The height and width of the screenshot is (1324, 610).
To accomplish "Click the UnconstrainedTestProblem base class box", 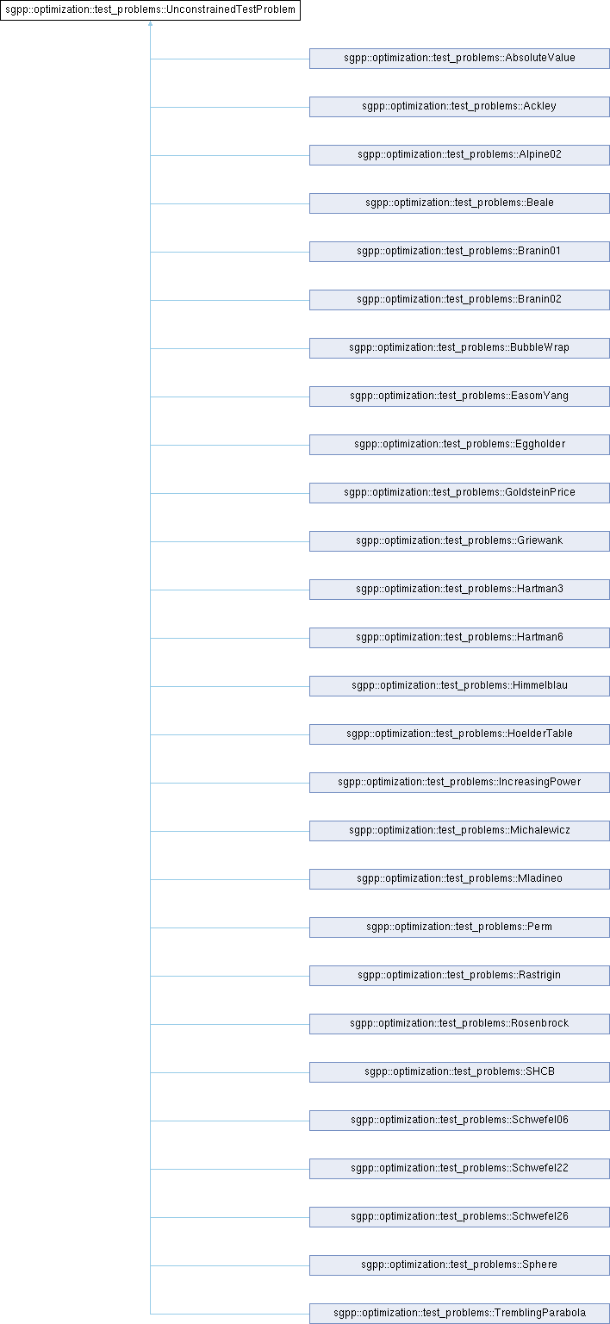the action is pos(150,10).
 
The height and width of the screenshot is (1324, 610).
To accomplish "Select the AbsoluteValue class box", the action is pos(459,59).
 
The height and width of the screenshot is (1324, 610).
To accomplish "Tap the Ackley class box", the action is pos(459,107).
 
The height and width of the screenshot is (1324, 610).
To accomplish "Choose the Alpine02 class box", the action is pos(459,155).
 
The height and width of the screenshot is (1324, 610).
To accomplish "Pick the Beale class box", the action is pos(459,203).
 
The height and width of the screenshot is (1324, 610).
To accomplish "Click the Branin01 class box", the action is pos(459,252).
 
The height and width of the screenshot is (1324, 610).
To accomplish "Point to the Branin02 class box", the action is pos(459,300).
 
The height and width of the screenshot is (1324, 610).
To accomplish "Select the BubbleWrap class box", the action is pos(459,348).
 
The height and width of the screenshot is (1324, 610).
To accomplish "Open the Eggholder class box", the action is pos(459,445).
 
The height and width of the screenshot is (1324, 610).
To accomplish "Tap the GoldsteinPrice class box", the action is pos(459,493).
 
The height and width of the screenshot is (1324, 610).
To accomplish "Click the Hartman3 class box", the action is pos(459,590).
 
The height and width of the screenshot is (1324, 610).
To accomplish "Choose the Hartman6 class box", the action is pos(459,638).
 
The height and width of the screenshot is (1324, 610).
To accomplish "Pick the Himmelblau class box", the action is pos(459,686).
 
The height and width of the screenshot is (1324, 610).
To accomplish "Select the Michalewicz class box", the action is pos(459,831).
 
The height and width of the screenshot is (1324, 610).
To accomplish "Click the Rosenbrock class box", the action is pos(459,1024).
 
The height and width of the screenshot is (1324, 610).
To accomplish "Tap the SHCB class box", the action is pos(459,1072).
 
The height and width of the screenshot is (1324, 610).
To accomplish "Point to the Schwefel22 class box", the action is pos(459,1169).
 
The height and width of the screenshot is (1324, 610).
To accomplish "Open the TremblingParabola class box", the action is pos(459,1314).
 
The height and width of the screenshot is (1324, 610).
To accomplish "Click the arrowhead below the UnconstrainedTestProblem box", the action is pos(150,23).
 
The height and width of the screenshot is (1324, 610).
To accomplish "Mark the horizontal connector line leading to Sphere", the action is pos(230,1265).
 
